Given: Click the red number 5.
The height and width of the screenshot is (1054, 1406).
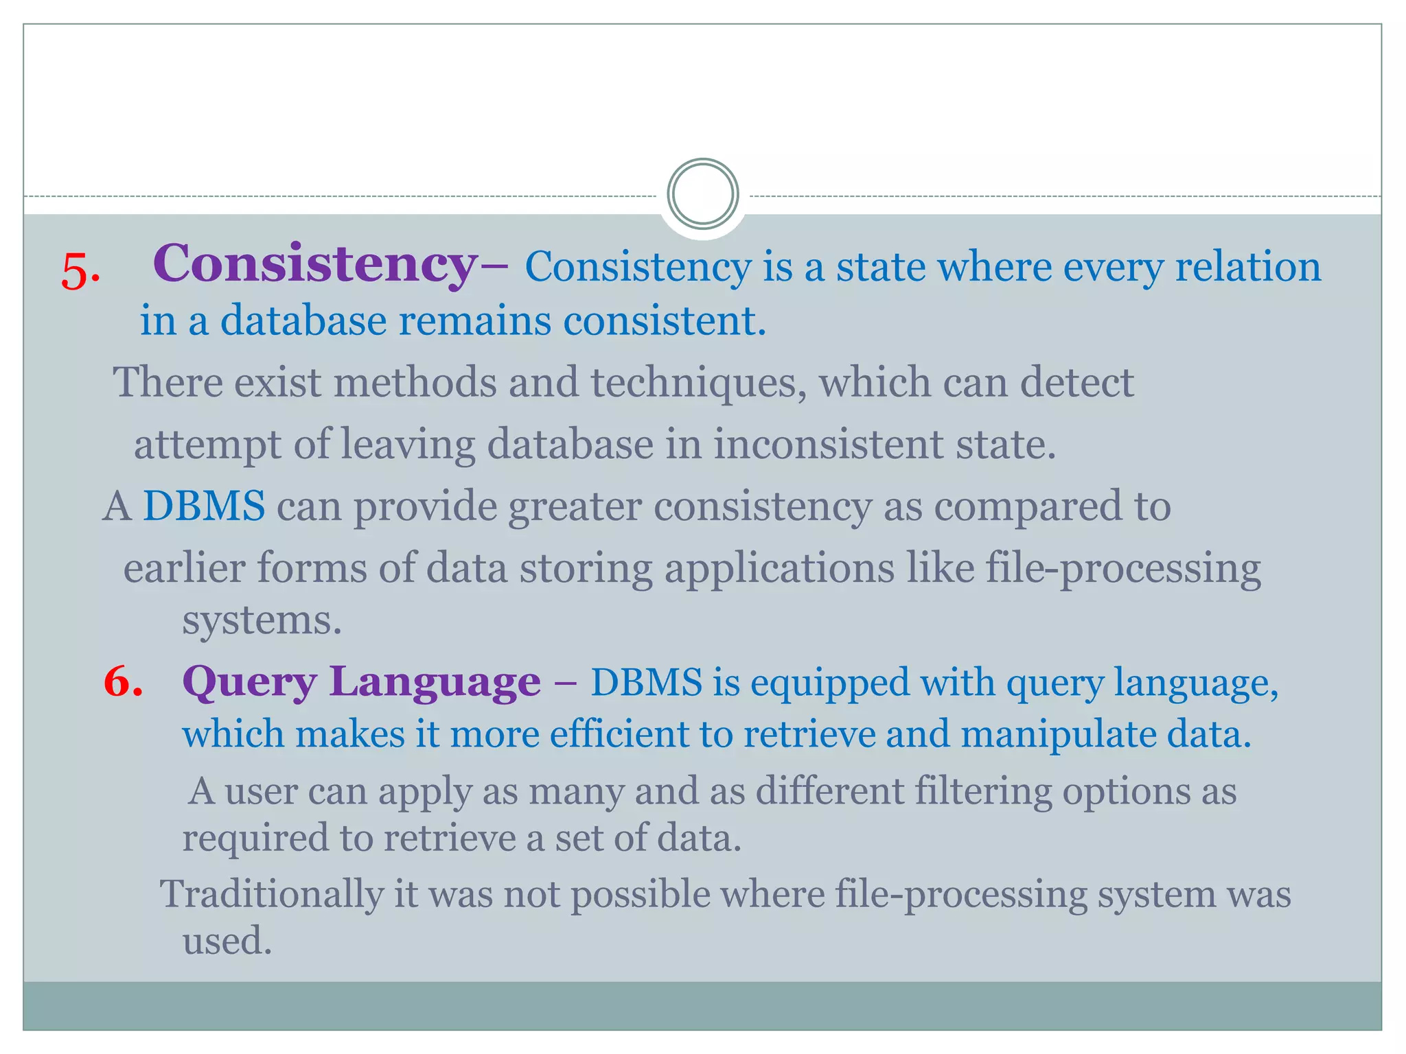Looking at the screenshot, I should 80,271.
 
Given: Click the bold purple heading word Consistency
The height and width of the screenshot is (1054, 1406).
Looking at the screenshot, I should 315,263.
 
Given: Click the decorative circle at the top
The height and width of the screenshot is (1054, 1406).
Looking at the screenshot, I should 702,194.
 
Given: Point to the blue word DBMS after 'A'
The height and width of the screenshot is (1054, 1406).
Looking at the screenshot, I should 203,506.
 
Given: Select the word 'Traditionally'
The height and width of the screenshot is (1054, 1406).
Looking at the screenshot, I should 271,895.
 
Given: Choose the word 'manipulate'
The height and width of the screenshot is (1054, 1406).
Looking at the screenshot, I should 1058,734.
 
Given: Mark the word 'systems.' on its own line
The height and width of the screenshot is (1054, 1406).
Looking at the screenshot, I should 262,621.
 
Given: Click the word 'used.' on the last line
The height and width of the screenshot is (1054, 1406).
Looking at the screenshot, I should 227,940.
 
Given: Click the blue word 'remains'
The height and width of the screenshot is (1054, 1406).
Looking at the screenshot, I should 474,320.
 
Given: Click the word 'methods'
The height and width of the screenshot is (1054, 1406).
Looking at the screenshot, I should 415,382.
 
